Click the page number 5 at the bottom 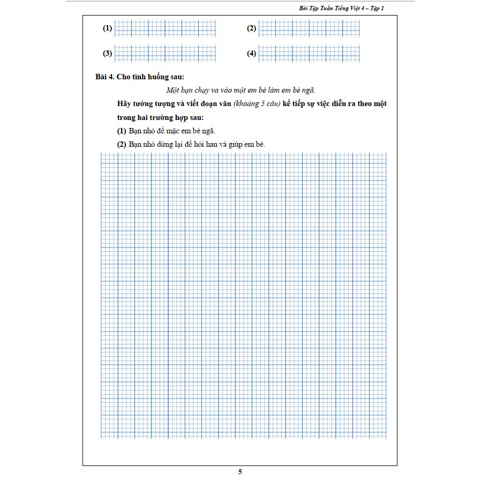[x=241, y=472]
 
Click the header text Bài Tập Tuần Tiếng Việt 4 [x=332, y=8]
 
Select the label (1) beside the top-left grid [x=107, y=29]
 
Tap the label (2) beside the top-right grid [x=252, y=29]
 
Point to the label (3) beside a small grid [x=107, y=54]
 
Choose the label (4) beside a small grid [x=252, y=54]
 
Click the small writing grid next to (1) [x=165, y=29]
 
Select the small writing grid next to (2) [x=309, y=29]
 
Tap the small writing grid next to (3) [x=165, y=54]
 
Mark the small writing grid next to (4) [x=309, y=54]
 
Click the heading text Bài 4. [x=105, y=77]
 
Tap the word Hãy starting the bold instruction [x=124, y=104]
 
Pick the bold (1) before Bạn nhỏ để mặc [x=121, y=131]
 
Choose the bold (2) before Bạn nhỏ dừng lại [x=121, y=145]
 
